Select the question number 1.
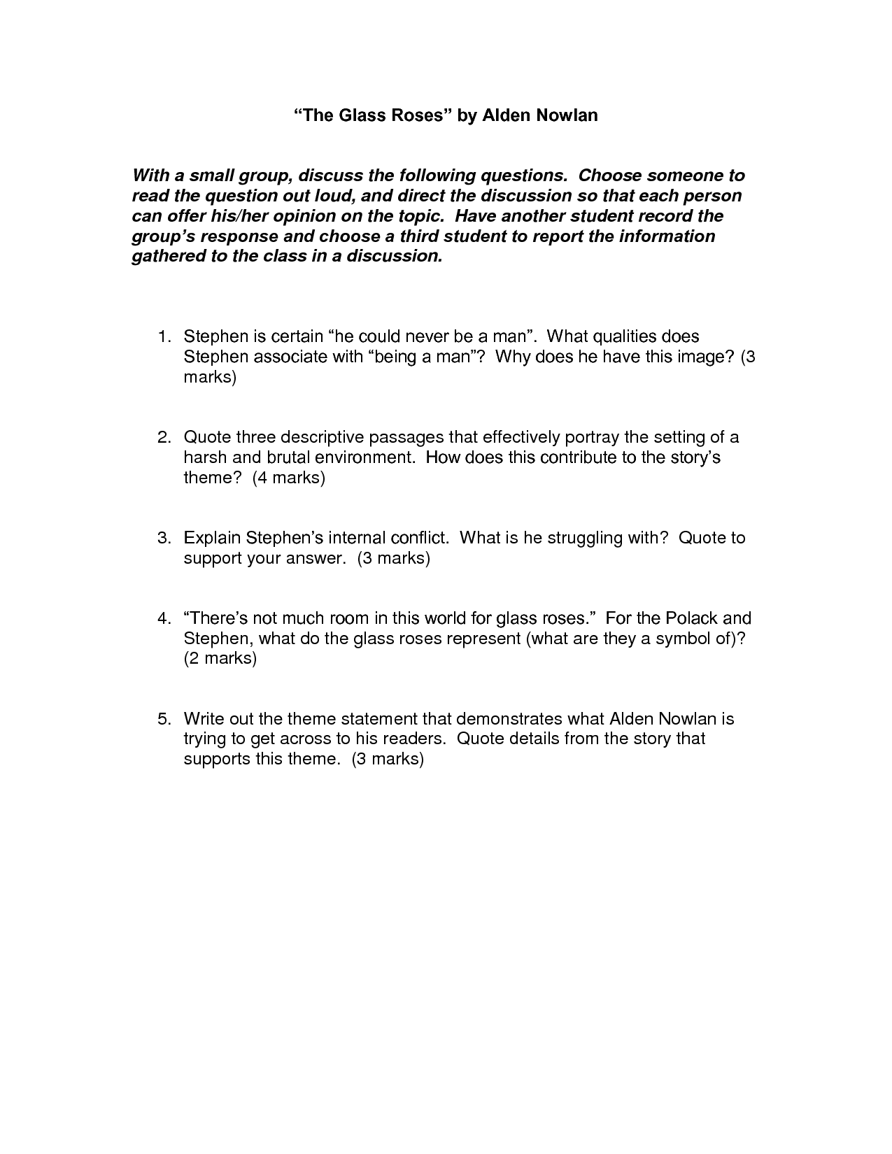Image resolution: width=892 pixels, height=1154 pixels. coord(163,337)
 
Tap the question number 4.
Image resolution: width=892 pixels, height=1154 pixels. coord(163,619)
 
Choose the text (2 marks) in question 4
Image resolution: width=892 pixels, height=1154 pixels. coord(220,659)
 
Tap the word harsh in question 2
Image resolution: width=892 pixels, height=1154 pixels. coord(206,458)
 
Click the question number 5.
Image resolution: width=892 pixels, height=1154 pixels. coord(163,719)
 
